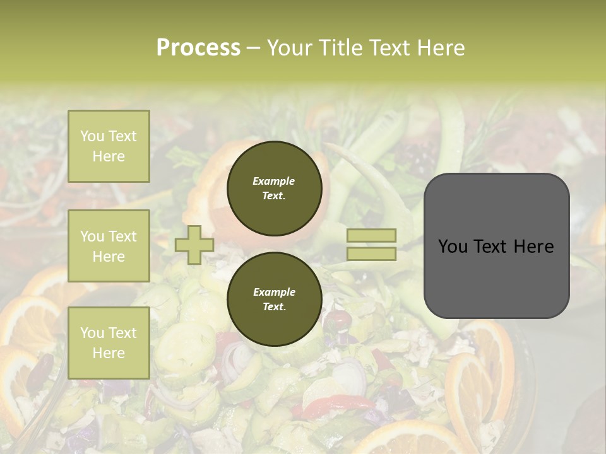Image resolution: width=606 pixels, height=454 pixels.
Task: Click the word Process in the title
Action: pyautogui.click(x=198, y=48)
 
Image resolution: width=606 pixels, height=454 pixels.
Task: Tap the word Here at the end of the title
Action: pyautogui.click(x=439, y=48)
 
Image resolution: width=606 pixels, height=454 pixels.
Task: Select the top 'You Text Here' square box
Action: pyautogui.click(x=109, y=146)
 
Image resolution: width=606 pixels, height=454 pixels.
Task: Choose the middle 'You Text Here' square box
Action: pyautogui.click(x=109, y=246)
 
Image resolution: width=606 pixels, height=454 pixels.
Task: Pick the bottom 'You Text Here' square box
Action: pyautogui.click(x=109, y=342)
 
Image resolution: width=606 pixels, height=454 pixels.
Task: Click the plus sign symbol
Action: pyautogui.click(x=194, y=245)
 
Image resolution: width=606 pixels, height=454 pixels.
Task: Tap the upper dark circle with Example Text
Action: pyautogui.click(x=274, y=189)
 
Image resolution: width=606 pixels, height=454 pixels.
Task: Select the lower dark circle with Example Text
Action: pyautogui.click(x=274, y=299)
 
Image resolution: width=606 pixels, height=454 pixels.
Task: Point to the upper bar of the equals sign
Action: pyautogui.click(x=372, y=235)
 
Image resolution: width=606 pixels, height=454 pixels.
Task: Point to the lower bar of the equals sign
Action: pyautogui.click(x=372, y=254)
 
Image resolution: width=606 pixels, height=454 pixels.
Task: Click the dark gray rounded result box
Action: pyautogui.click(x=496, y=277)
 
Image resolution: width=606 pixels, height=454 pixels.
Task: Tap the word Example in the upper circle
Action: pyautogui.click(x=274, y=181)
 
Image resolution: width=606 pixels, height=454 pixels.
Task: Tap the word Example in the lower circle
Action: pyautogui.click(x=274, y=292)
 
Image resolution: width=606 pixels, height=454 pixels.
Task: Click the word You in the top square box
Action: pyautogui.click(x=92, y=136)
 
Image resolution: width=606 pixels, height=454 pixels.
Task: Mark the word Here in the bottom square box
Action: pyautogui.click(x=109, y=353)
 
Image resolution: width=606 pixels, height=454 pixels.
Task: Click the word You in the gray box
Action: pyautogui.click(x=453, y=247)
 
